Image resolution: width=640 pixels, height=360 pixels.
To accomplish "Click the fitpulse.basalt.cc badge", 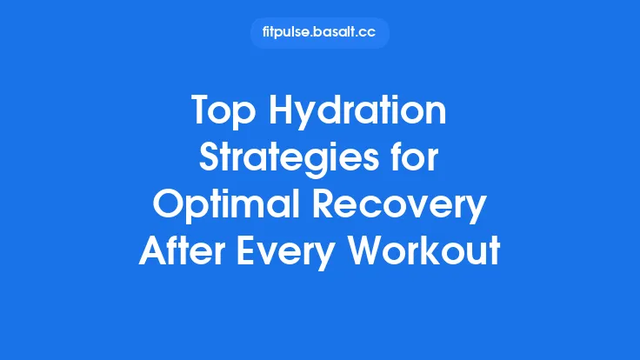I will [x=319, y=33].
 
